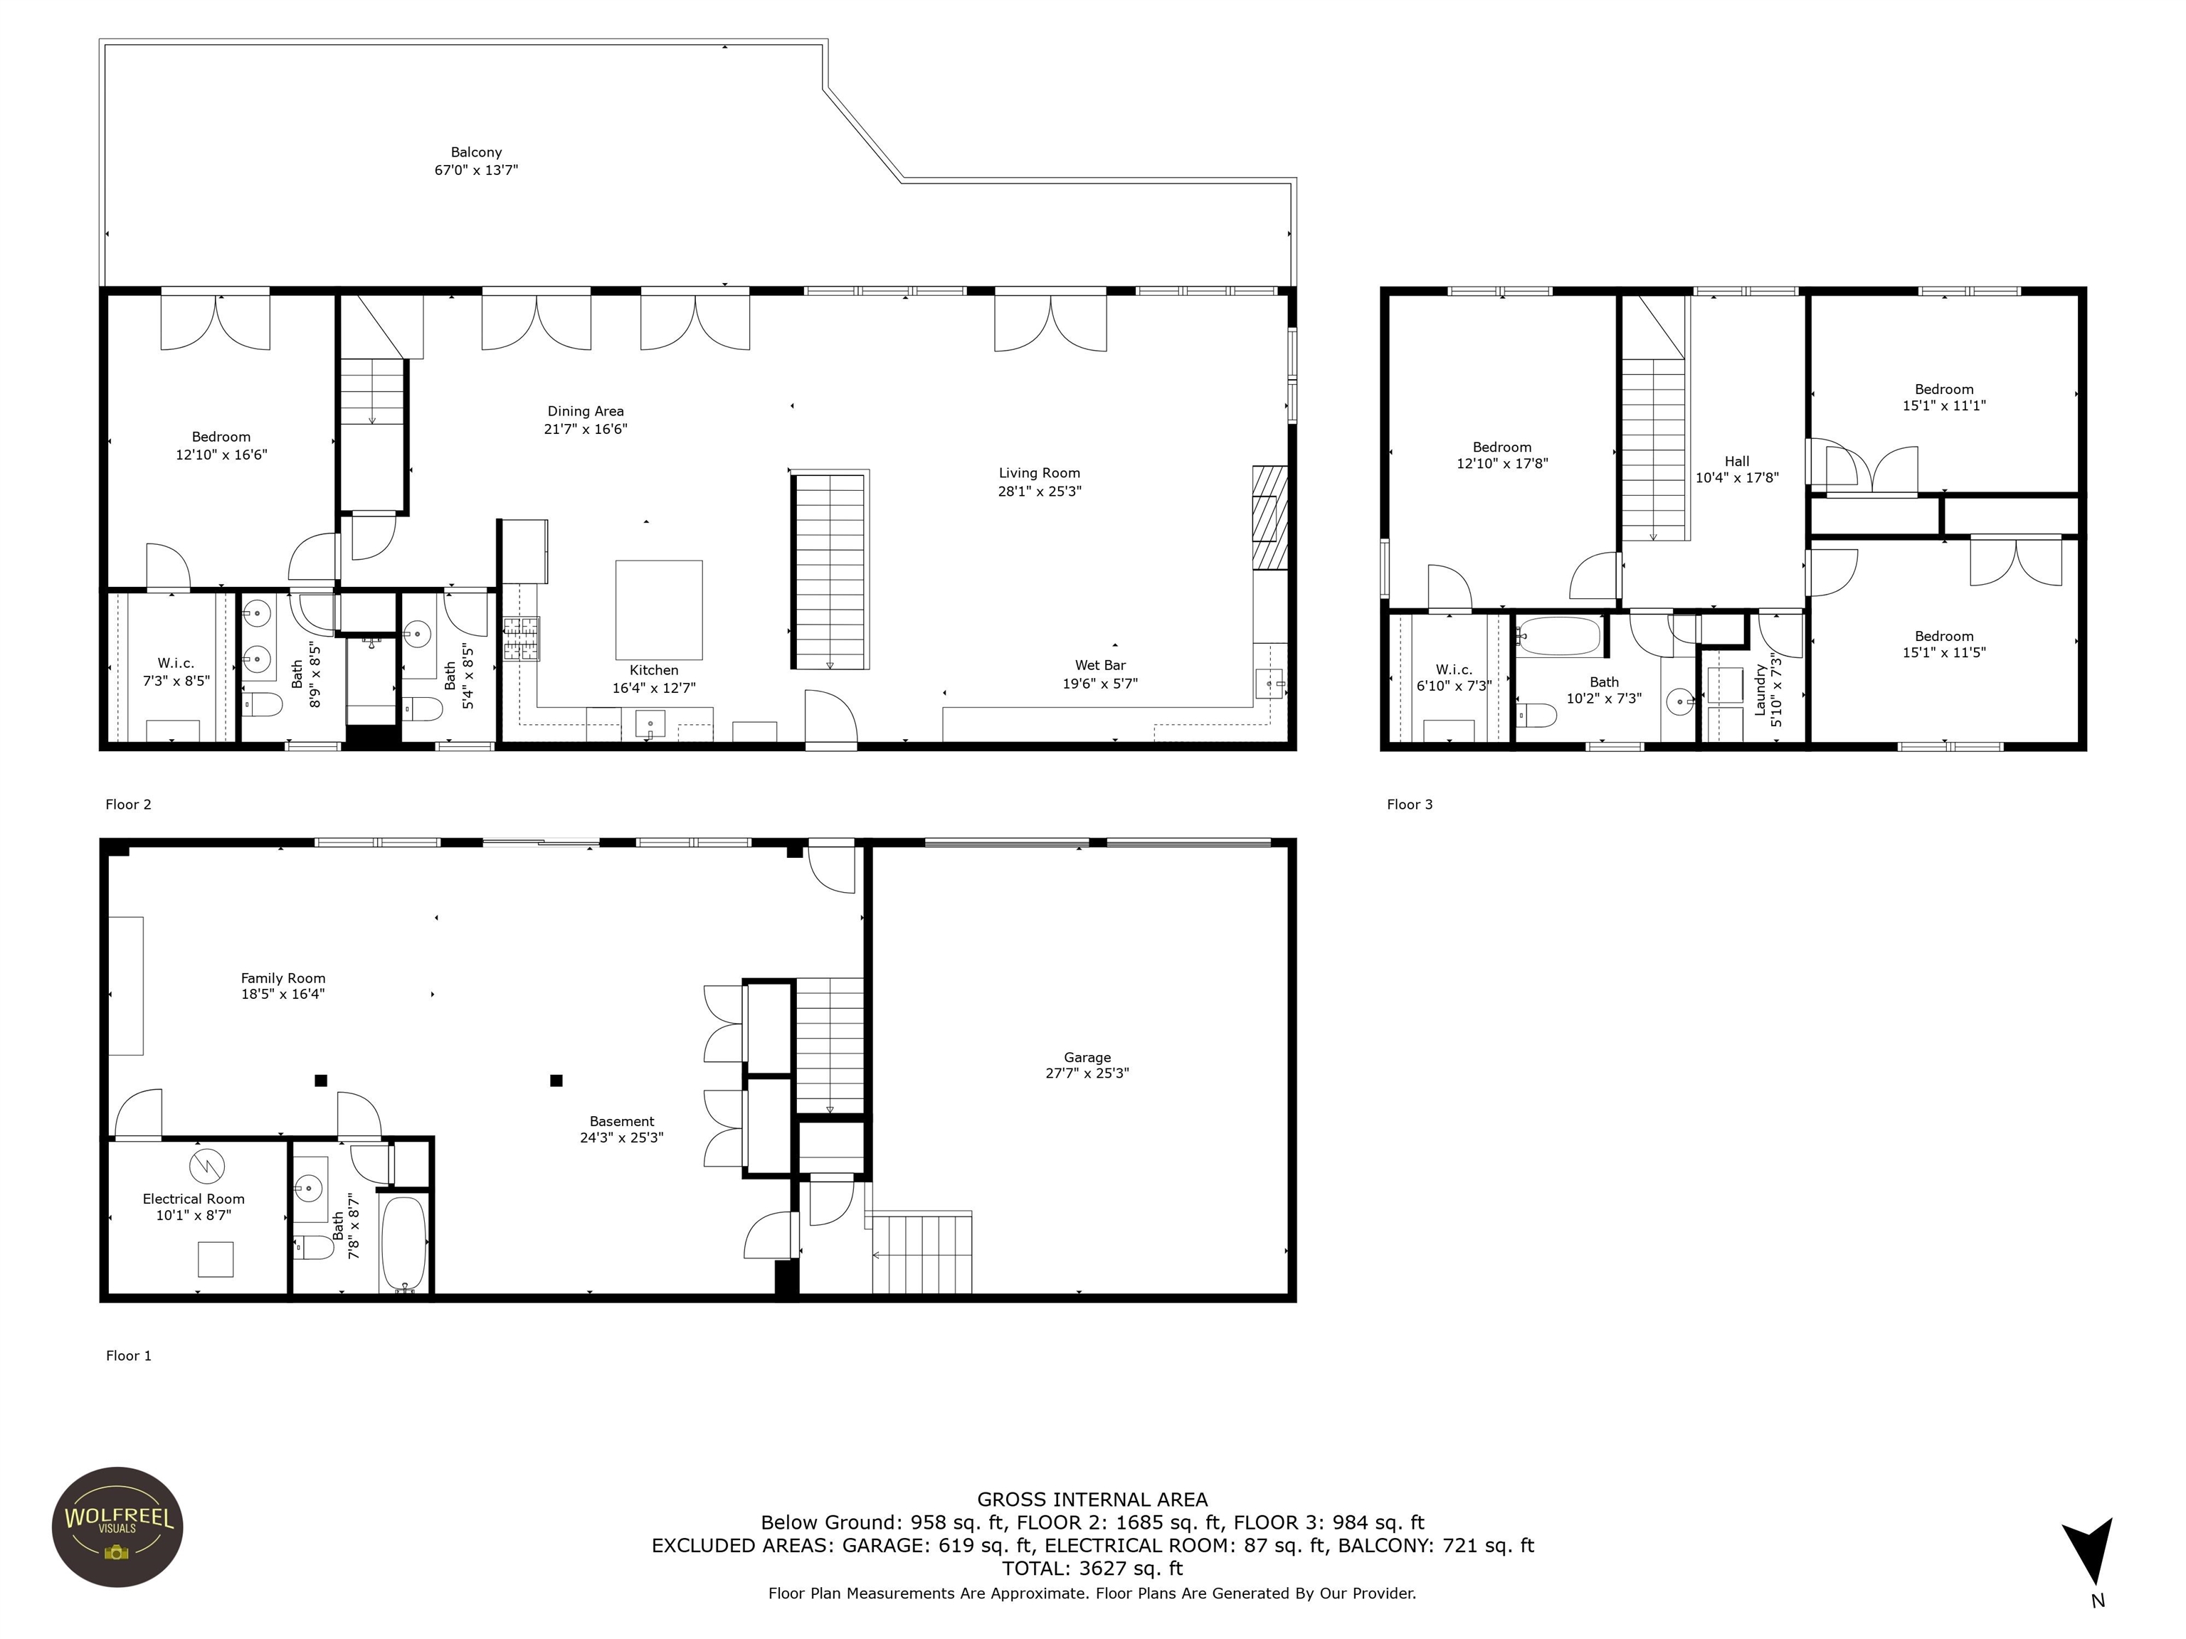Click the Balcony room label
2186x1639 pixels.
pyautogui.click(x=476, y=152)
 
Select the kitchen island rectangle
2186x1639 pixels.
pyautogui.click(x=659, y=610)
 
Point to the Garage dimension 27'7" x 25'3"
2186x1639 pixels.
pyautogui.click(x=1087, y=1073)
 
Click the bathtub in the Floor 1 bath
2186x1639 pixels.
pyautogui.click(x=403, y=1243)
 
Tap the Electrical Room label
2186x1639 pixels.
pyautogui.click(x=193, y=1199)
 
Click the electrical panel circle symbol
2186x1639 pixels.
pyautogui.click(x=208, y=1167)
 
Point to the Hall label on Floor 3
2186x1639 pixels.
pyautogui.click(x=1736, y=462)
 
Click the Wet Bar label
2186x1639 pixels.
pyautogui.click(x=1100, y=665)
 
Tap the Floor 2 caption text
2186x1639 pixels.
pyautogui.click(x=129, y=804)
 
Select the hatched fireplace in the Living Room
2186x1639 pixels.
pyautogui.click(x=1270, y=518)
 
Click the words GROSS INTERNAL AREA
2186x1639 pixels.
pyautogui.click(x=1092, y=1500)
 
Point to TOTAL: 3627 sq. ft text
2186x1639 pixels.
pyautogui.click(x=1092, y=1568)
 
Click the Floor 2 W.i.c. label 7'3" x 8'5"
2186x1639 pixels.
pyautogui.click(x=176, y=672)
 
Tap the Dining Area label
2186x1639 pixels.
pyautogui.click(x=585, y=411)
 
